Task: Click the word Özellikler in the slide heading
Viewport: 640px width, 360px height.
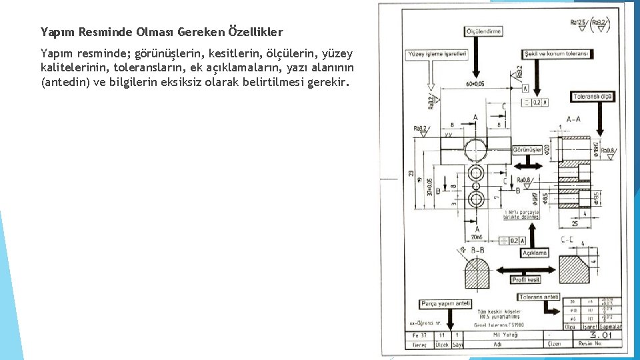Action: [x=255, y=31]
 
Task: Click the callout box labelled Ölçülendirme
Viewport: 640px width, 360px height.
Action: [x=483, y=31]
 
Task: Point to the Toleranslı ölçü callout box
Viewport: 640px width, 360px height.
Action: [x=592, y=97]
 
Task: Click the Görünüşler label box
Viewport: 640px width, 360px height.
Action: [x=527, y=151]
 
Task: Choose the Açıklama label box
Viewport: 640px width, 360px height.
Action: [x=534, y=253]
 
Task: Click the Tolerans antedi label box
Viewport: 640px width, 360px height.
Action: [x=539, y=297]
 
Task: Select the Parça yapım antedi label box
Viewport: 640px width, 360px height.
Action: [x=445, y=304]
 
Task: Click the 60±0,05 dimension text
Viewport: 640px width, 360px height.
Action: [x=476, y=84]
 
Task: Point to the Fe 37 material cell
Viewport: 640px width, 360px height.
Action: [x=419, y=335]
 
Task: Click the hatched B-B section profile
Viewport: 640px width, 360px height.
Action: [x=477, y=274]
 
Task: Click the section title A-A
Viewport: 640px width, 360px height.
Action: [x=573, y=119]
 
